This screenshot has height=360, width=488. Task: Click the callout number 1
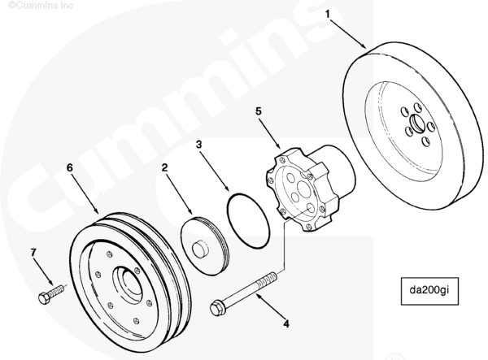point(329,14)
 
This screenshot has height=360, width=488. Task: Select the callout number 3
point(198,145)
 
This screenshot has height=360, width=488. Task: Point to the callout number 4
point(285,323)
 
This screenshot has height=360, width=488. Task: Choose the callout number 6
point(70,167)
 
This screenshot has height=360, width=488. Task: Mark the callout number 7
point(33,253)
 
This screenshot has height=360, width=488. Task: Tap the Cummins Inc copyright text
point(30,6)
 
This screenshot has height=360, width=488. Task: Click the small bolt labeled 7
point(50,293)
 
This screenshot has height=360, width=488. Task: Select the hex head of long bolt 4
point(217,309)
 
